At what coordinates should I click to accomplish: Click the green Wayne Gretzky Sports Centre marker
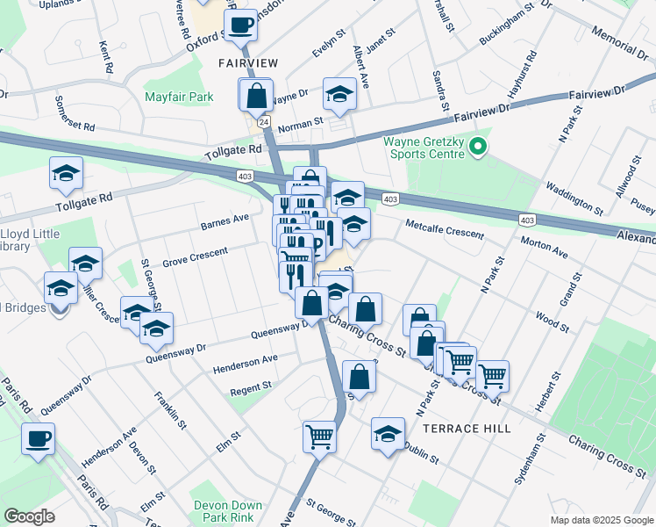478,147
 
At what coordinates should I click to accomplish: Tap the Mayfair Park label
179,96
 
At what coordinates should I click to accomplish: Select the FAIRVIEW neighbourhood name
247,63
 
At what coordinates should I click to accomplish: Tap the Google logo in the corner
29,516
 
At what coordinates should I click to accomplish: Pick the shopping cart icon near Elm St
320,435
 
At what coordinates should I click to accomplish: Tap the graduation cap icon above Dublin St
388,433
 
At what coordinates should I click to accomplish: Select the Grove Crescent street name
195,256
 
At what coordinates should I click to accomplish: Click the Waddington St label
574,199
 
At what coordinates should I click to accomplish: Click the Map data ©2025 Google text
602,519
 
